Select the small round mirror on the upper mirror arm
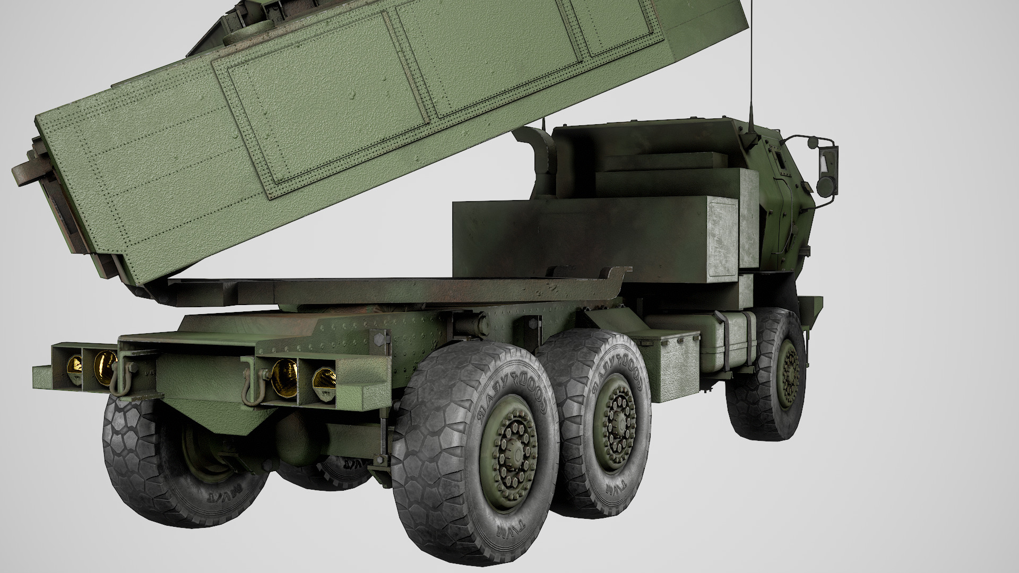point(813,141)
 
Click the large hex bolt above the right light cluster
point(379,340)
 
